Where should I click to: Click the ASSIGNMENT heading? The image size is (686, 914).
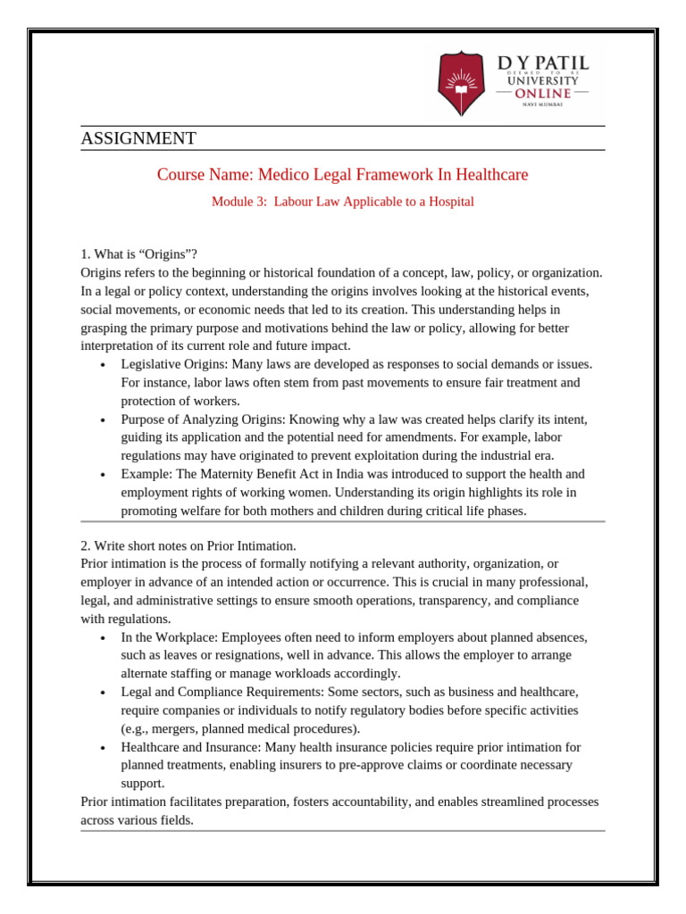tap(138, 138)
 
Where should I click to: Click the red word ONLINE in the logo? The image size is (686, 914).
tap(543, 93)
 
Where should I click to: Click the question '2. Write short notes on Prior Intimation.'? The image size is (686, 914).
tap(188, 545)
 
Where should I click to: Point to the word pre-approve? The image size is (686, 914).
tap(418, 765)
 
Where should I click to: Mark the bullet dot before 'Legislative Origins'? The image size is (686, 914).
tap(105, 365)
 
